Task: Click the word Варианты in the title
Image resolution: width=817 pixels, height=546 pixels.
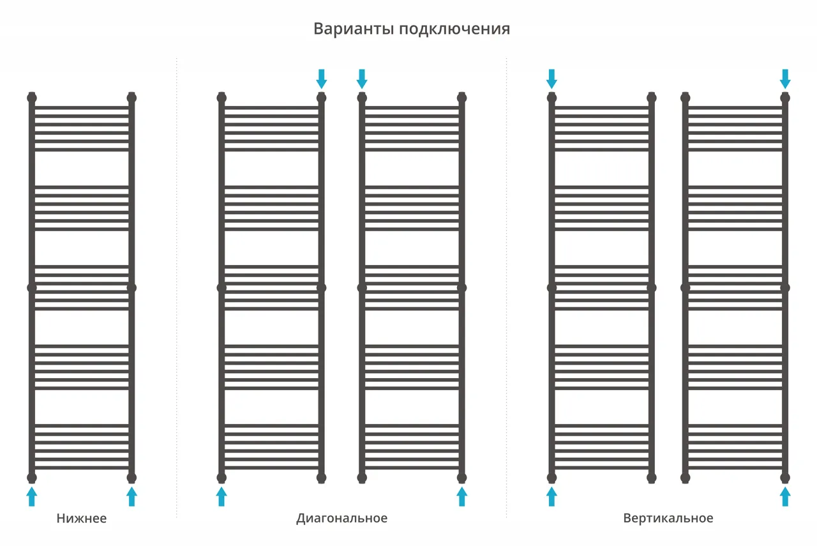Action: [x=354, y=29]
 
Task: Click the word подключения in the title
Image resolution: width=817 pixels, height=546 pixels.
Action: [x=454, y=29]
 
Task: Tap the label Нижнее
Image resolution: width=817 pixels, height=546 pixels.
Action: [x=82, y=519]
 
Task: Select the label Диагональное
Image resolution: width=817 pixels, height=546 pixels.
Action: [x=341, y=519]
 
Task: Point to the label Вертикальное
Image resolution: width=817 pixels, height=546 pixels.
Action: [x=668, y=519]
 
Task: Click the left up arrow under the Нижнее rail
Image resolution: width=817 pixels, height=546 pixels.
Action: [x=32, y=496]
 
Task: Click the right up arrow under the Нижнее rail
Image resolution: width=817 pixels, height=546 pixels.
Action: [x=131, y=496]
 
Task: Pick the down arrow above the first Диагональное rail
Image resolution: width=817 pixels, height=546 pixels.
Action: [x=321, y=79]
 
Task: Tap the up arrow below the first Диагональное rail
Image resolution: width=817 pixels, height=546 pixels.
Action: [x=221, y=496]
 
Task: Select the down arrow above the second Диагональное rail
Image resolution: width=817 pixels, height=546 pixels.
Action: [x=362, y=79]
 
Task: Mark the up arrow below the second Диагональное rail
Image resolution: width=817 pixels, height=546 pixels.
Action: [x=461, y=496]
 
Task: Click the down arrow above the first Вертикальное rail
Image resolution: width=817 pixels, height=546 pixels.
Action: [x=552, y=79]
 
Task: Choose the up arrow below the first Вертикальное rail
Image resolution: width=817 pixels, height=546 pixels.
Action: [x=552, y=496]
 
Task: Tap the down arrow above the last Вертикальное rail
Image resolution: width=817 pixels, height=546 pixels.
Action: [x=785, y=79]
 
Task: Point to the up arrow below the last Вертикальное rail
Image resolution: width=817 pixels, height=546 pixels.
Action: [x=785, y=496]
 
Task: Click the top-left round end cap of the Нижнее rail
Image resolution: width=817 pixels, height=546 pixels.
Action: [x=32, y=98]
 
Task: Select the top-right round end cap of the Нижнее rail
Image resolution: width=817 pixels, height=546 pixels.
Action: [x=131, y=98]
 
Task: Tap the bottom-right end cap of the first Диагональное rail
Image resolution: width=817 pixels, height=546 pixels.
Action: [x=321, y=478]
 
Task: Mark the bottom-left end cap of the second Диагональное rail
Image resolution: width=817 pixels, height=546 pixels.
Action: [x=362, y=478]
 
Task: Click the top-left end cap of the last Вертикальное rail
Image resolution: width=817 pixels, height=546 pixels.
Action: [x=686, y=98]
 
